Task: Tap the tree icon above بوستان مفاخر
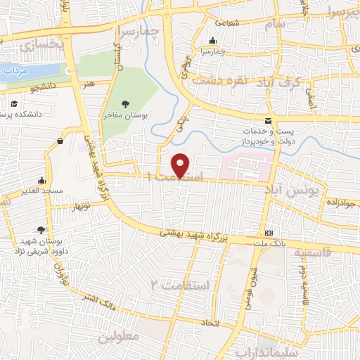pyautogui.click(x=125, y=104)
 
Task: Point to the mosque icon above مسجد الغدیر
pyautogui.click(x=41, y=179)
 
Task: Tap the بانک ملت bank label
pyautogui.click(x=269, y=243)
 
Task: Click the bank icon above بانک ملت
pyautogui.click(x=269, y=233)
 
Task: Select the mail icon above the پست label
pyautogui.click(x=267, y=121)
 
